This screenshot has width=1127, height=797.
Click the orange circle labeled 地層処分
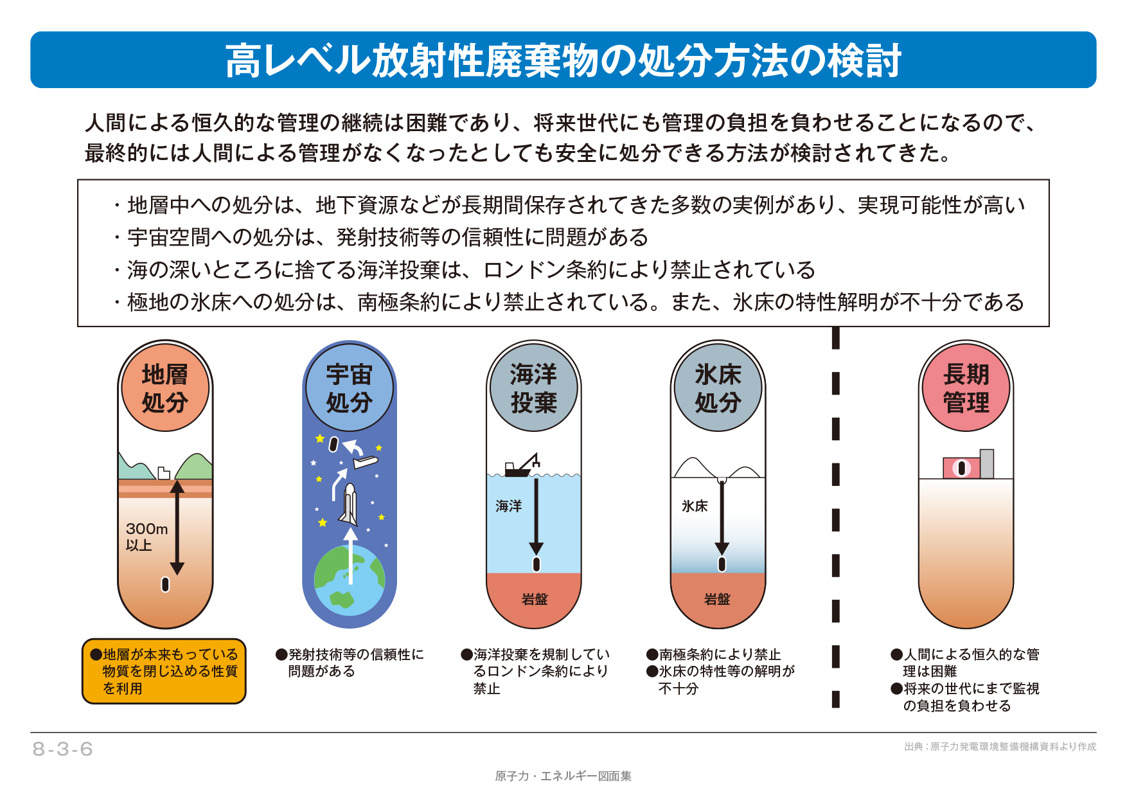(165, 388)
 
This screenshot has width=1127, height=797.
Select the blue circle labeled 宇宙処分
(350, 388)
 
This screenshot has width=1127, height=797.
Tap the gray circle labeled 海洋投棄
(533, 388)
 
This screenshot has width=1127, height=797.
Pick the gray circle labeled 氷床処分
(718, 388)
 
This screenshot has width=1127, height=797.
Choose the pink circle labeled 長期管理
(966, 388)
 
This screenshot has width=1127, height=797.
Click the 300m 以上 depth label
(146, 537)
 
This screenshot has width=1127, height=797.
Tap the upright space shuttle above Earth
(349, 505)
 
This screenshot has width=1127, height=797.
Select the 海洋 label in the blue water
(508, 506)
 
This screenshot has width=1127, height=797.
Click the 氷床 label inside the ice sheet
(695, 506)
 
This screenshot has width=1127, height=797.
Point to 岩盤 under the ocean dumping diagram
(535, 600)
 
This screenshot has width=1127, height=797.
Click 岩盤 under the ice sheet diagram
(717, 600)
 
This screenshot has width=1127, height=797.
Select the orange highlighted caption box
(164, 671)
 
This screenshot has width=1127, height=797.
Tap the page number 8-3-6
(63, 749)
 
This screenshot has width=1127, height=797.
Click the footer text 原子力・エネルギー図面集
(563, 776)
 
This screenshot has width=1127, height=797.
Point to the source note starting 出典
(1000, 747)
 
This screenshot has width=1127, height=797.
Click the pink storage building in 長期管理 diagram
(962, 468)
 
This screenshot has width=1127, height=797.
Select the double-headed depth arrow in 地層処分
(177, 527)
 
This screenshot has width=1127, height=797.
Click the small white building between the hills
(164, 473)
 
